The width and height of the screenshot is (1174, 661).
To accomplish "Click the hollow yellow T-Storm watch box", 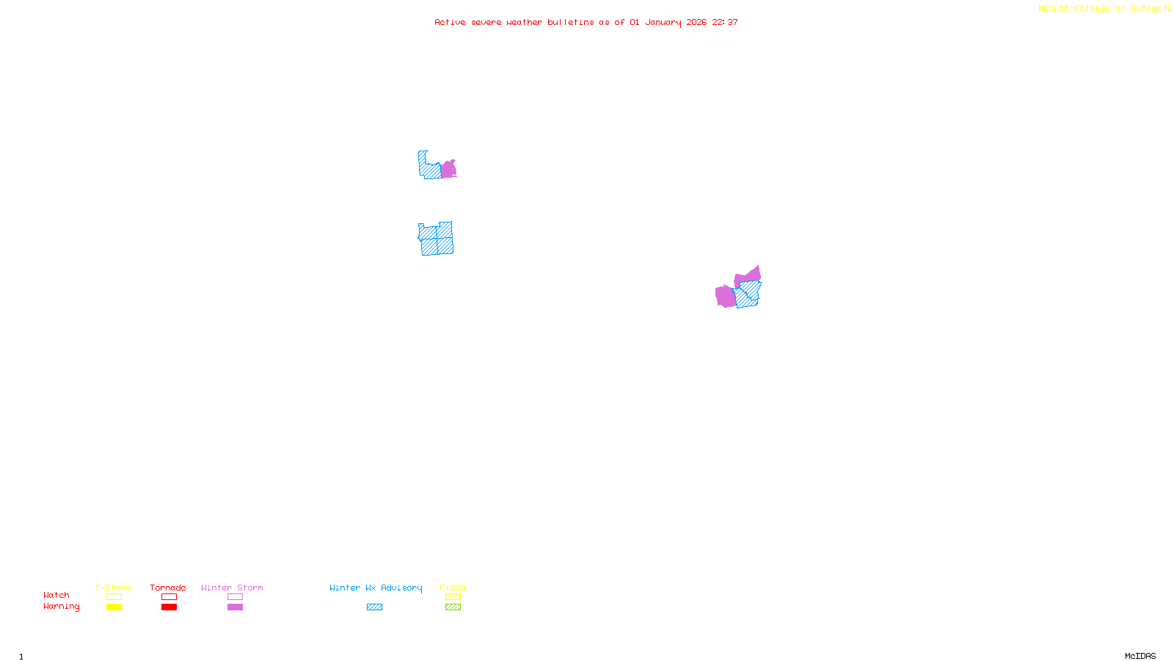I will coord(114,597).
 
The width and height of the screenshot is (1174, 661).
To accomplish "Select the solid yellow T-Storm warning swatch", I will coord(114,607).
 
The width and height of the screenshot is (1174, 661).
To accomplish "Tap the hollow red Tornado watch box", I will coord(169,597).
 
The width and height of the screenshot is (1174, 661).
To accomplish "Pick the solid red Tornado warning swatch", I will coord(169,607).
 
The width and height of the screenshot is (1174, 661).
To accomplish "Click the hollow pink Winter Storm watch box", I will coord(235,597).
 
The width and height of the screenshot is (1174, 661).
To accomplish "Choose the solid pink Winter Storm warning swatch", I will coord(235,607).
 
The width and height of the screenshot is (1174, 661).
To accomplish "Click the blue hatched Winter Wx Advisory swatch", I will coord(374,607).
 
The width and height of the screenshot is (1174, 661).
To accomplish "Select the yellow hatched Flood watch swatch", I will coord(453,597).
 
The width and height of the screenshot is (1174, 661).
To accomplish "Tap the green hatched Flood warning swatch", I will coord(453,607).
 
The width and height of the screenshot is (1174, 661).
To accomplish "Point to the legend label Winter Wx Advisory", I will coord(376,588).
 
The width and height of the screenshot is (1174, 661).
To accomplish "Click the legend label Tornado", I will coord(168,588).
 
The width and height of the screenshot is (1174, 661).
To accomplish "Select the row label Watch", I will coord(56,596).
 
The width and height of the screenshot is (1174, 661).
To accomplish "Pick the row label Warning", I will coord(61,607).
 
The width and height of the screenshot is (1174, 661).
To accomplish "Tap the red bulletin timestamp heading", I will coord(586,22).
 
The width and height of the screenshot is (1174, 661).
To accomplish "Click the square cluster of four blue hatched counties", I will coord(437,239).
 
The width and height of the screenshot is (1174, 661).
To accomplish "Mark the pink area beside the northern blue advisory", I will coord(448,170).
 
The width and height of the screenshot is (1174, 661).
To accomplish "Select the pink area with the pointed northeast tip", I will coord(749,276).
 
